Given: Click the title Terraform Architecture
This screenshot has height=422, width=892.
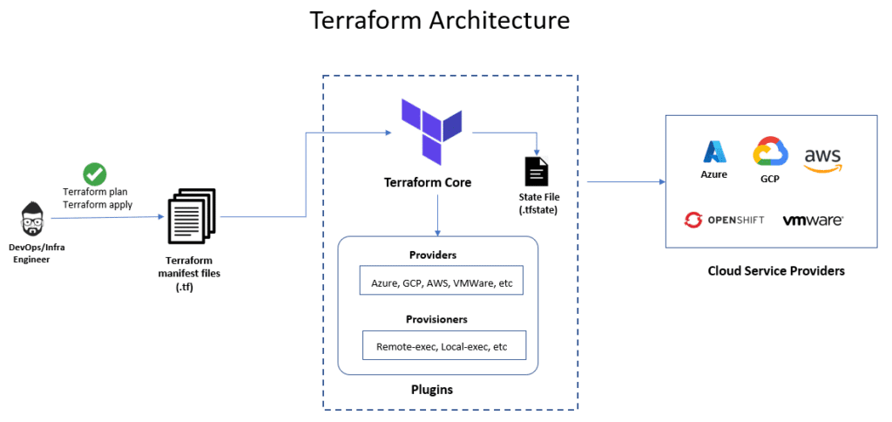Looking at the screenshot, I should [441, 20].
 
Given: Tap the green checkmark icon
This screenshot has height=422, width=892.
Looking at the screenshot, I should [94, 174].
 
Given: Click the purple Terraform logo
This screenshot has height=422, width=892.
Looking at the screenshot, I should [431, 132].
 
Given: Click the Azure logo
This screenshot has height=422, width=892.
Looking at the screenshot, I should [715, 153].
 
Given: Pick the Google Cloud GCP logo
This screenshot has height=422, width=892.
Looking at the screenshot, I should [770, 153].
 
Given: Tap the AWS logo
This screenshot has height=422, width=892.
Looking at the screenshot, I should [822, 159].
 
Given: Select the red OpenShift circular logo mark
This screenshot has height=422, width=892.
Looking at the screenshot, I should [693, 220].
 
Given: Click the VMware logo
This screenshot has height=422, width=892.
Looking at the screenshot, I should [812, 221].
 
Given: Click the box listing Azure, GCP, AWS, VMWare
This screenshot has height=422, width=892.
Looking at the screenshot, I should [441, 280].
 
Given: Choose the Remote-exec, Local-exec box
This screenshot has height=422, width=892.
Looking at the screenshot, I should [444, 345].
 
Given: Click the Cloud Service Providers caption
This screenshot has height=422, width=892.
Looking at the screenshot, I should [776, 271].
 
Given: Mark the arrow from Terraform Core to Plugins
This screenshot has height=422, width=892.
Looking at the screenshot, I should [437, 215].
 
